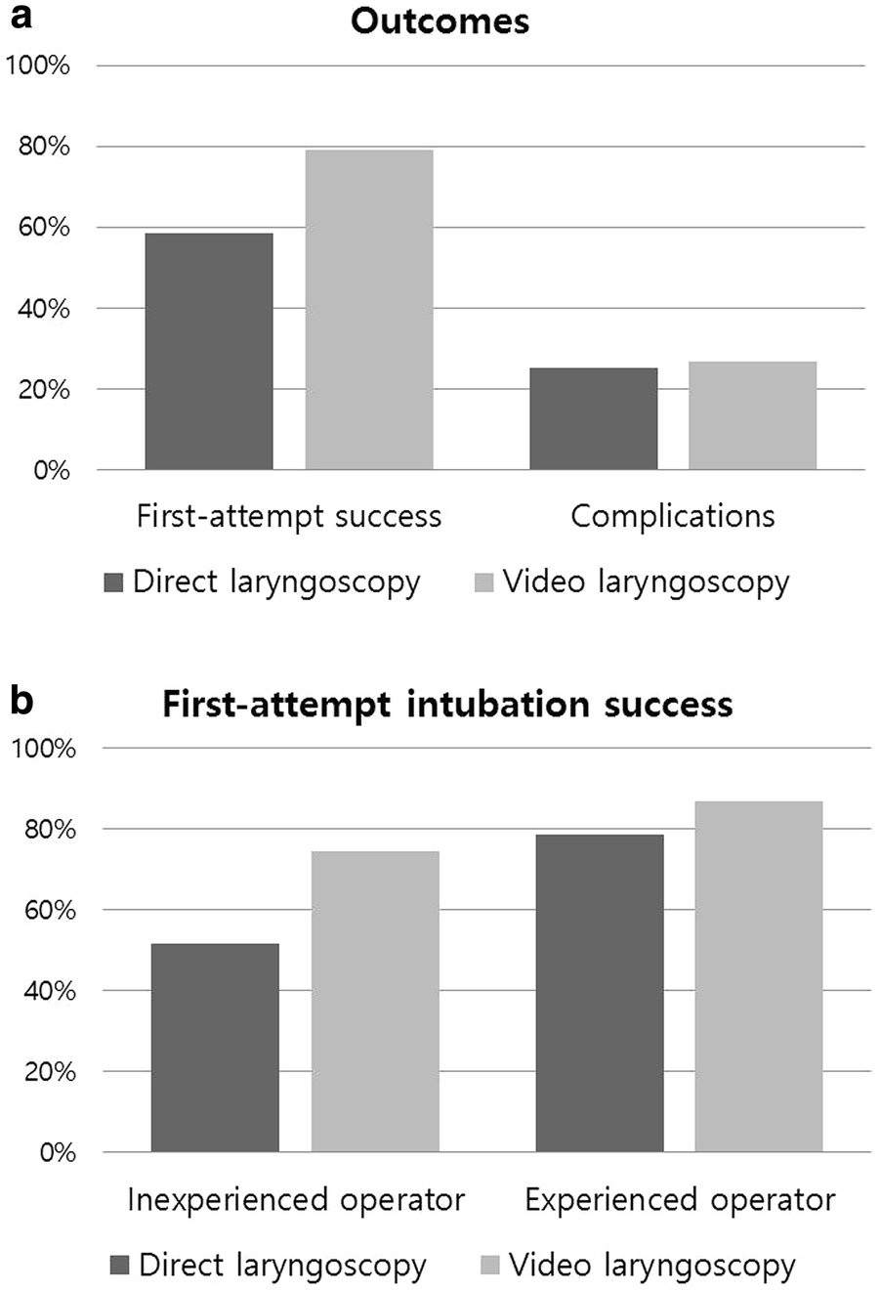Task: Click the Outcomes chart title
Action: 440,21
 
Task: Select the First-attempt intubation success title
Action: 447,704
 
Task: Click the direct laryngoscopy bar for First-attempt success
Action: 209,352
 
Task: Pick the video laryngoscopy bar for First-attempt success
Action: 369,310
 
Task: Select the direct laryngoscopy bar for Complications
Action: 593,419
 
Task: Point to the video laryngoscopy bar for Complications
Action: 752,416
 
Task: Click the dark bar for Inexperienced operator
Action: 215,1048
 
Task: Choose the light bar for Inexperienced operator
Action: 375,1002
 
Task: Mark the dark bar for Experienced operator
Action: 600,993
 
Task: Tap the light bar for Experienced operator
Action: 759,976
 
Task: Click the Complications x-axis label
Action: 672,516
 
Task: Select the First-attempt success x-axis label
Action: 289,516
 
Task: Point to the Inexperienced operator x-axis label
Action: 296,1199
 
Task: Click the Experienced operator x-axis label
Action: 680,1199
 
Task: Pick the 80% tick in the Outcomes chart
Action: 38,147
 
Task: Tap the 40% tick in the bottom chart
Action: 45,991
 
